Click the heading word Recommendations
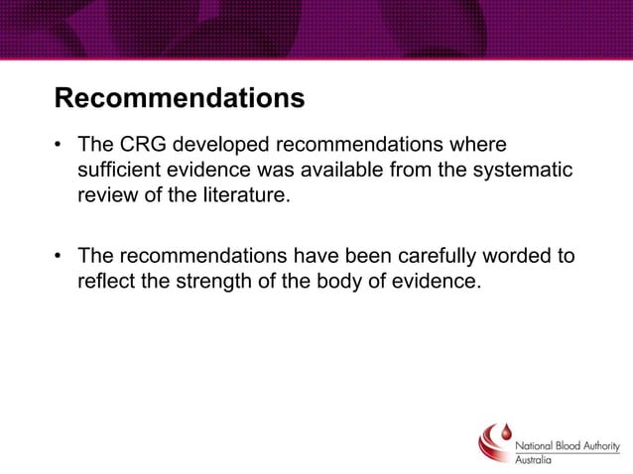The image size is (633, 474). click(179, 100)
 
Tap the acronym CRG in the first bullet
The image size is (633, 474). click(139, 146)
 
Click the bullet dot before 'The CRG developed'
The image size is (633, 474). click(61, 147)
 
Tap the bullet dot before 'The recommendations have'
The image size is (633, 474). click(61, 257)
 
